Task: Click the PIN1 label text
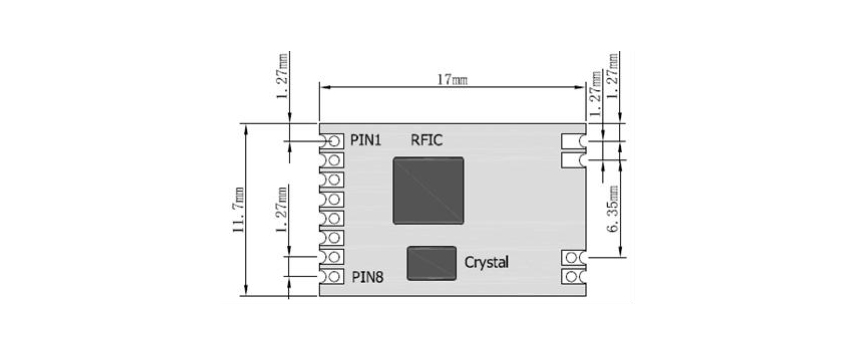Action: (x=366, y=140)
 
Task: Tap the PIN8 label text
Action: (x=366, y=277)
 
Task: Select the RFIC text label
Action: (x=427, y=140)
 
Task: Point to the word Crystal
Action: (x=487, y=262)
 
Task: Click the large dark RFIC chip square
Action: (x=428, y=190)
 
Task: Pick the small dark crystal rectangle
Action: (x=431, y=262)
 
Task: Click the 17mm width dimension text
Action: (x=452, y=77)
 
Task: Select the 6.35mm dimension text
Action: (x=611, y=210)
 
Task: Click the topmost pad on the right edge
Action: (x=571, y=141)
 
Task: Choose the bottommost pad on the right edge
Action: (x=571, y=276)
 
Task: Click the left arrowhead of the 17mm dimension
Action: (x=323, y=87)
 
